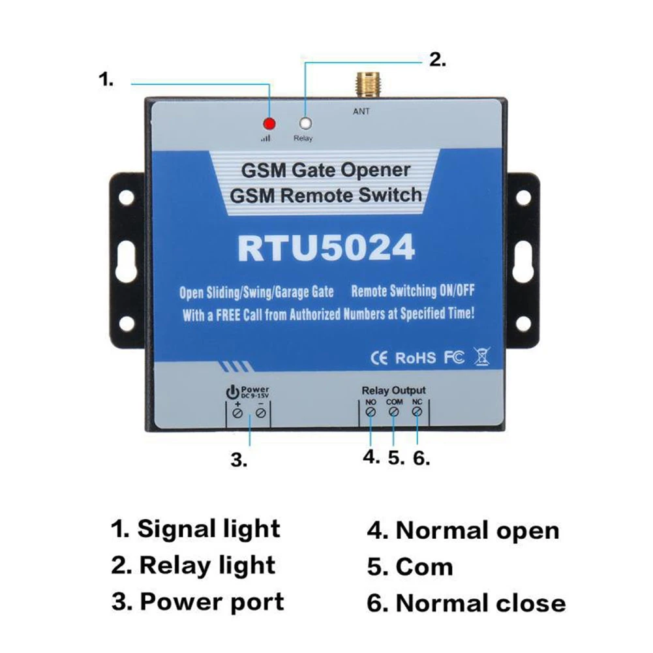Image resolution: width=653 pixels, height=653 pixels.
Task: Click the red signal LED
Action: point(267,124)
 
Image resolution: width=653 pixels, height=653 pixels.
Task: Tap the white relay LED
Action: point(304,123)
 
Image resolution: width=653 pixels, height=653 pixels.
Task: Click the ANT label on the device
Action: point(361,112)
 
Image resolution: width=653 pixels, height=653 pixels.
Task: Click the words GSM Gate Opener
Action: point(326,170)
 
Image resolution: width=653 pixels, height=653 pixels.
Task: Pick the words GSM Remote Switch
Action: point(326,195)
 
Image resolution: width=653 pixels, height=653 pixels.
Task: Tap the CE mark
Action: point(379,357)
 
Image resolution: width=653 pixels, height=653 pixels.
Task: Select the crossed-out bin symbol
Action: point(483,356)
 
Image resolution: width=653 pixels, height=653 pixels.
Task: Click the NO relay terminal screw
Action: point(371,413)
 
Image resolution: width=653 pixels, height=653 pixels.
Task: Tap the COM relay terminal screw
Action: point(394,413)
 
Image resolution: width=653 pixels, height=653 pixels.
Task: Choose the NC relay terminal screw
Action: point(418,413)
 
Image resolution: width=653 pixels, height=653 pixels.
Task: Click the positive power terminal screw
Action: point(238,414)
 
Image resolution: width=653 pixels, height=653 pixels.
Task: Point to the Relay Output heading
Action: point(393,390)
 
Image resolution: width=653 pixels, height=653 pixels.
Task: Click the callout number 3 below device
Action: point(239,459)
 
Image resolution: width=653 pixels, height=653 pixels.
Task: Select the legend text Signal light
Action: point(208,529)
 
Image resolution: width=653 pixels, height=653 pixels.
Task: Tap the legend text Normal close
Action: point(480,603)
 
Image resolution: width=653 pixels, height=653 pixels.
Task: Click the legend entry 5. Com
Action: point(410,567)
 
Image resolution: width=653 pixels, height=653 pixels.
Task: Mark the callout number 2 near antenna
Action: point(437,60)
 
